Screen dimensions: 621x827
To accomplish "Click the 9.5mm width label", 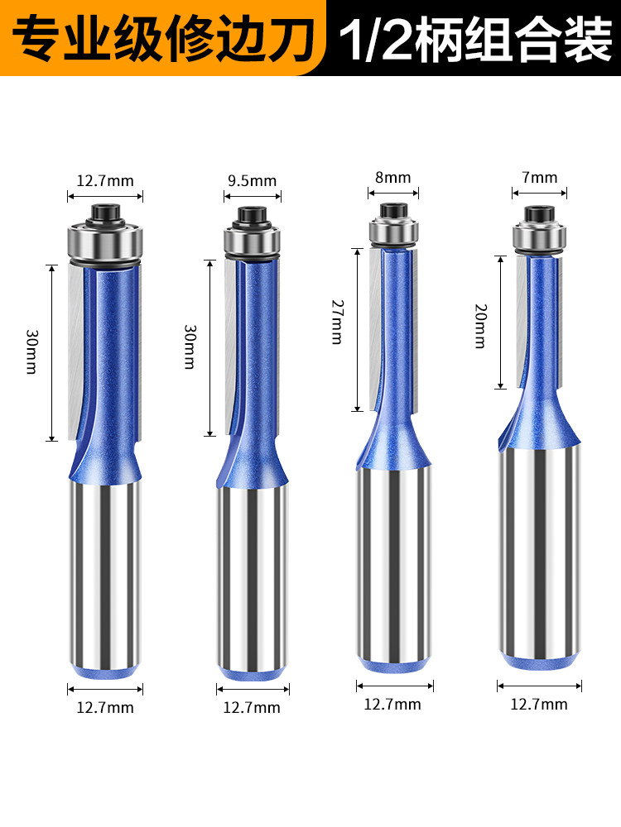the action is [x=253, y=181].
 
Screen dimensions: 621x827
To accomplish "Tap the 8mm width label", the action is [x=392, y=177].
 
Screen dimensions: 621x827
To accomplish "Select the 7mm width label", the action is [x=540, y=177].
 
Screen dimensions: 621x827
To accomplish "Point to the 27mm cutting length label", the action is [x=338, y=323].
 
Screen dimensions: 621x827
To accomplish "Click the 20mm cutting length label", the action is [x=480, y=326].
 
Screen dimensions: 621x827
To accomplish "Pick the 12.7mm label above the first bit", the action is [x=105, y=181].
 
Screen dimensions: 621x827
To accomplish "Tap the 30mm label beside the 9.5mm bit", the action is [x=190, y=347].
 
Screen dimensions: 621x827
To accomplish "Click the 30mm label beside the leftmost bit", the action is [x=31, y=351].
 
